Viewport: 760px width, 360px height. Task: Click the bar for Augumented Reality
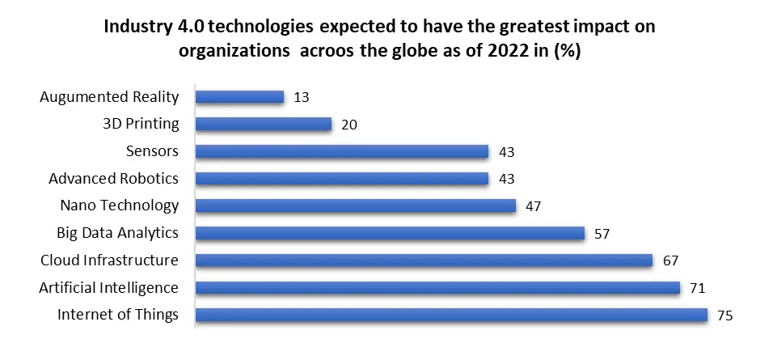pos(240,97)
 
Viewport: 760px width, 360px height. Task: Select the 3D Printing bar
pos(264,125)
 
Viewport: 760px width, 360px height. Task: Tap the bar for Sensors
pos(342,152)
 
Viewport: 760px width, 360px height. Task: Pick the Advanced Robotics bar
pos(342,179)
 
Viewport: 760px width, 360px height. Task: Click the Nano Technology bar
pos(356,206)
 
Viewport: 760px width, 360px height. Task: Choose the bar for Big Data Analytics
pos(390,233)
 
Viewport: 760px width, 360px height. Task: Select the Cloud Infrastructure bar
pos(424,260)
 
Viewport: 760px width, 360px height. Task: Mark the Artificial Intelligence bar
pos(437,288)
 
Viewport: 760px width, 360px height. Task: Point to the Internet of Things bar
pos(451,315)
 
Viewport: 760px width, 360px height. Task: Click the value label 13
pos(302,97)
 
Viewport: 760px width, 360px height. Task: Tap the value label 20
pos(349,125)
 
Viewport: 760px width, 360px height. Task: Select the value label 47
pos(533,206)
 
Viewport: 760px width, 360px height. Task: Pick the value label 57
pos(602,234)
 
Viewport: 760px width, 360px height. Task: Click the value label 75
pos(724,316)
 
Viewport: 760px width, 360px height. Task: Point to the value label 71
pos(696,288)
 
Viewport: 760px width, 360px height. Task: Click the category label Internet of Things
pos(118,315)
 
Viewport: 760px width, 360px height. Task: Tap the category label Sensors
pos(152,151)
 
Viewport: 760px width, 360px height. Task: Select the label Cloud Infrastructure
pos(109,260)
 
